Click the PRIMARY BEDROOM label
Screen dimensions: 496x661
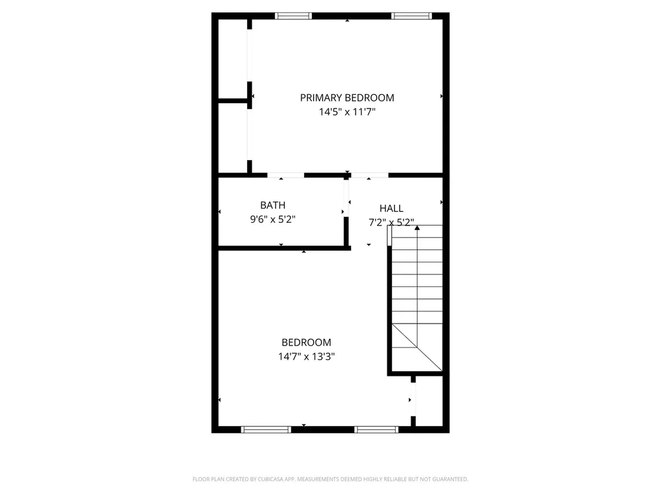point(347,98)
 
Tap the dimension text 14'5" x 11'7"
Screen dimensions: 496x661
point(347,112)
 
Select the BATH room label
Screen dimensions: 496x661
point(272,205)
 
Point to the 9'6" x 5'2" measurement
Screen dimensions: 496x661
point(272,219)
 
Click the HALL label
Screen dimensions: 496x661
point(391,208)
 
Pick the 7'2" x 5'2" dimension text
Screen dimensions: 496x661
point(391,222)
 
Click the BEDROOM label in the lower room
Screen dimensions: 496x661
point(306,342)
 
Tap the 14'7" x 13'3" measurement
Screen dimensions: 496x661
point(306,356)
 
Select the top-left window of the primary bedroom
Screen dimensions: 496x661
point(293,16)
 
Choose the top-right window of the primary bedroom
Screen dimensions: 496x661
point(411,16)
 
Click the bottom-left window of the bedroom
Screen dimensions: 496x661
point(266,429)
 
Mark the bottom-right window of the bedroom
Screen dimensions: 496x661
point(376,429)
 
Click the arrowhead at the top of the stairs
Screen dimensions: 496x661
point(417,227)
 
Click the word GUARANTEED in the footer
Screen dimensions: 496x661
point(449,479)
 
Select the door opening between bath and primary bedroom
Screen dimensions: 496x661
point(285,175)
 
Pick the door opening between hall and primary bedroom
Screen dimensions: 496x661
point(369,175)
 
